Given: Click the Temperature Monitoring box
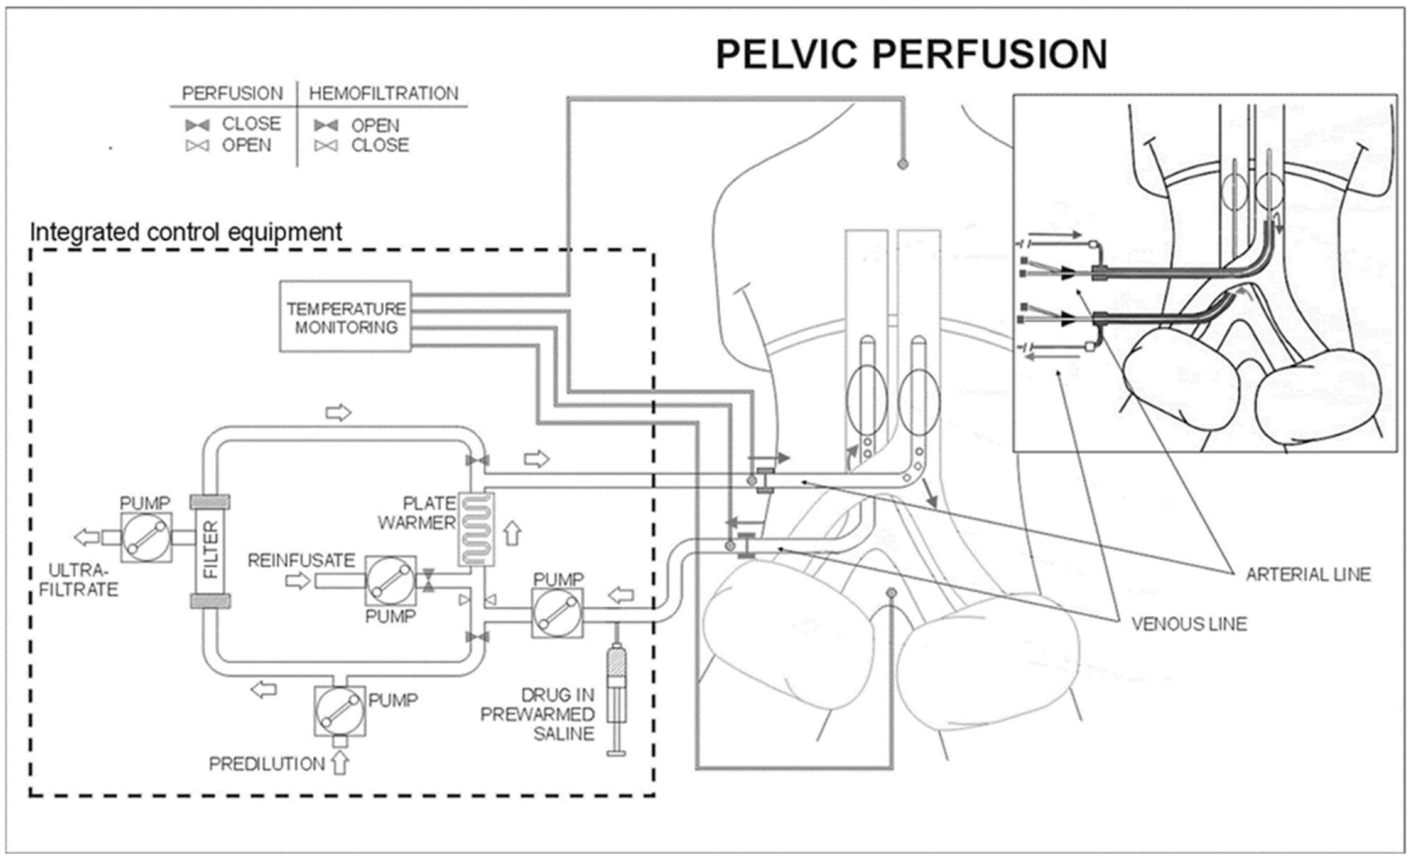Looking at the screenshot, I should [345, 316].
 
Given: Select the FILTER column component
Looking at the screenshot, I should [210, 550].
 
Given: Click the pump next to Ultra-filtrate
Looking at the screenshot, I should [146, 537].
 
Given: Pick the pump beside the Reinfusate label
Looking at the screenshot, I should [390, 581].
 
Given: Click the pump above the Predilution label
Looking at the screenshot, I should [340, 711].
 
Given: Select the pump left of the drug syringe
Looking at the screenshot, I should [557, 612].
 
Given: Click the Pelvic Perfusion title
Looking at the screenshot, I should [911, 54].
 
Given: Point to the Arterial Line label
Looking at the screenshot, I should [1308, 574].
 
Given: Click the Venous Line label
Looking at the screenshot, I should [1189, 624].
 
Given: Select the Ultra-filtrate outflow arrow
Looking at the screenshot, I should [87, 538].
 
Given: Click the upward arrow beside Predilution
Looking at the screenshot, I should [340, 762].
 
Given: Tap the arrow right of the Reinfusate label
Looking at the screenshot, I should [297, 581].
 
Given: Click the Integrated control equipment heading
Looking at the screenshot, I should [186, 232].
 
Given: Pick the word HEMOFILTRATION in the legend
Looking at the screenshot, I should [384, 93].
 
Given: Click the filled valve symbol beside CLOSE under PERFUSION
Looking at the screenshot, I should [197, 125].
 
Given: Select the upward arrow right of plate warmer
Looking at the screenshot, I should [512, 533].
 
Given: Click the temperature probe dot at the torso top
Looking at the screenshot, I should [902, 164].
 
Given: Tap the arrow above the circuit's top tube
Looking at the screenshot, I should [338, 412].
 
